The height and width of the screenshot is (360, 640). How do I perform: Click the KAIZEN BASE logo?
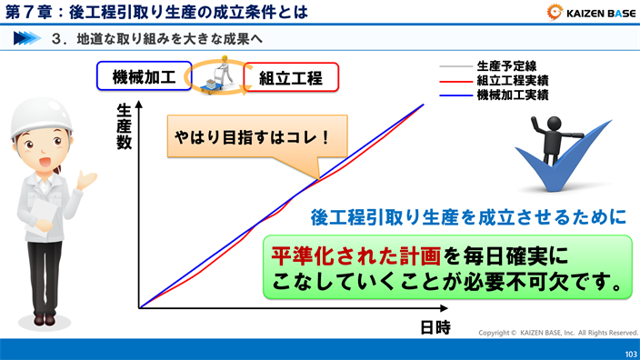coord(591,12)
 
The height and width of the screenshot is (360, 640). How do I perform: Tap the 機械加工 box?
coord(143,75)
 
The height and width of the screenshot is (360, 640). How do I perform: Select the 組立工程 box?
coord(292,78)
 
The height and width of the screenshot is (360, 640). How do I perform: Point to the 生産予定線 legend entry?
coord(505,66)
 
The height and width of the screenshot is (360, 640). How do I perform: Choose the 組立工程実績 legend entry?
coord(512,80)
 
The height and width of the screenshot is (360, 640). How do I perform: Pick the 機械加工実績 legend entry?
coord(512,94)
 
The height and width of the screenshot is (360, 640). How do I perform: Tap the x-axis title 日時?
coord(435,327)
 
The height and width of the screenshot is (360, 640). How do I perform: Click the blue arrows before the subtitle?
coord(27,38)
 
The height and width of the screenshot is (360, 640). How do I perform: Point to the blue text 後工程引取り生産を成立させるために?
coord(469,217)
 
